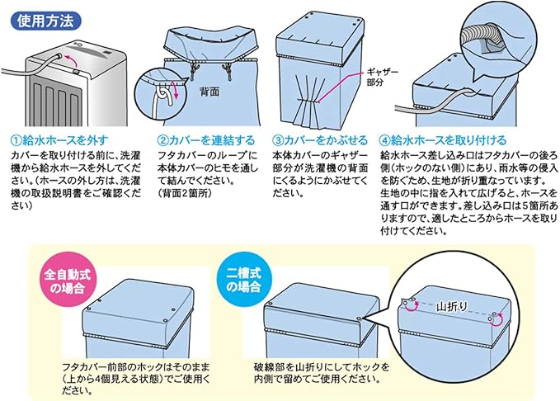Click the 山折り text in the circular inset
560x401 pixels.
(x=453, y=303)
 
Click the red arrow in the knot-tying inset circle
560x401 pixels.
(x=163, y=96)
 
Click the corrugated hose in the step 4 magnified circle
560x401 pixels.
(x=482, y=37)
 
